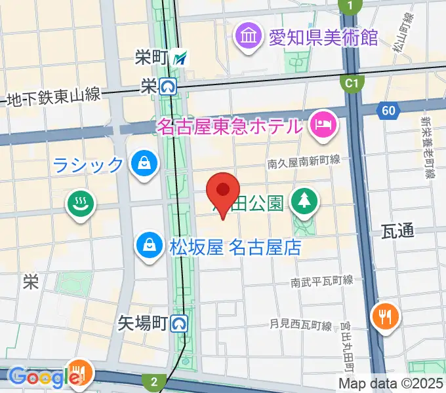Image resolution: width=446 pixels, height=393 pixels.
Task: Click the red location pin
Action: click(x=223, y=191)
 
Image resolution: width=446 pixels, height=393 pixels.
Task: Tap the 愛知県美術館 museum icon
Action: click(x=249, y=34)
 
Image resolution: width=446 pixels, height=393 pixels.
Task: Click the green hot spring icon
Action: click(x=81, y=204)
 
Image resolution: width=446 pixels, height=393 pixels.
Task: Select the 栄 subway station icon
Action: click(x=169, y=85)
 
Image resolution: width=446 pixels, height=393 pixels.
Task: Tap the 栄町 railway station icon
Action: click(x=180, y=58)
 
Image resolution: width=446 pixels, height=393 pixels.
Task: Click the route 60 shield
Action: click(x=389, y=111)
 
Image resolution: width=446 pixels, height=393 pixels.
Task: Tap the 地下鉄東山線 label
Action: click(x=53, y=97)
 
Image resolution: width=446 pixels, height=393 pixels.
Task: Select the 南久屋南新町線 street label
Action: click(x=304, y=160)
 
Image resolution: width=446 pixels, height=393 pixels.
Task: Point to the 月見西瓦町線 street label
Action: click(x=301, y=324)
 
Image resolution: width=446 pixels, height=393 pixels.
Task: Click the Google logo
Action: click(x=39, y=377)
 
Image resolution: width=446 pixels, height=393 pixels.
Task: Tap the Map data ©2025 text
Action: click(x=391, y=383)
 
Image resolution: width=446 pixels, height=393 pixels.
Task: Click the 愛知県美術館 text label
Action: click(x=323, y=35)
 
